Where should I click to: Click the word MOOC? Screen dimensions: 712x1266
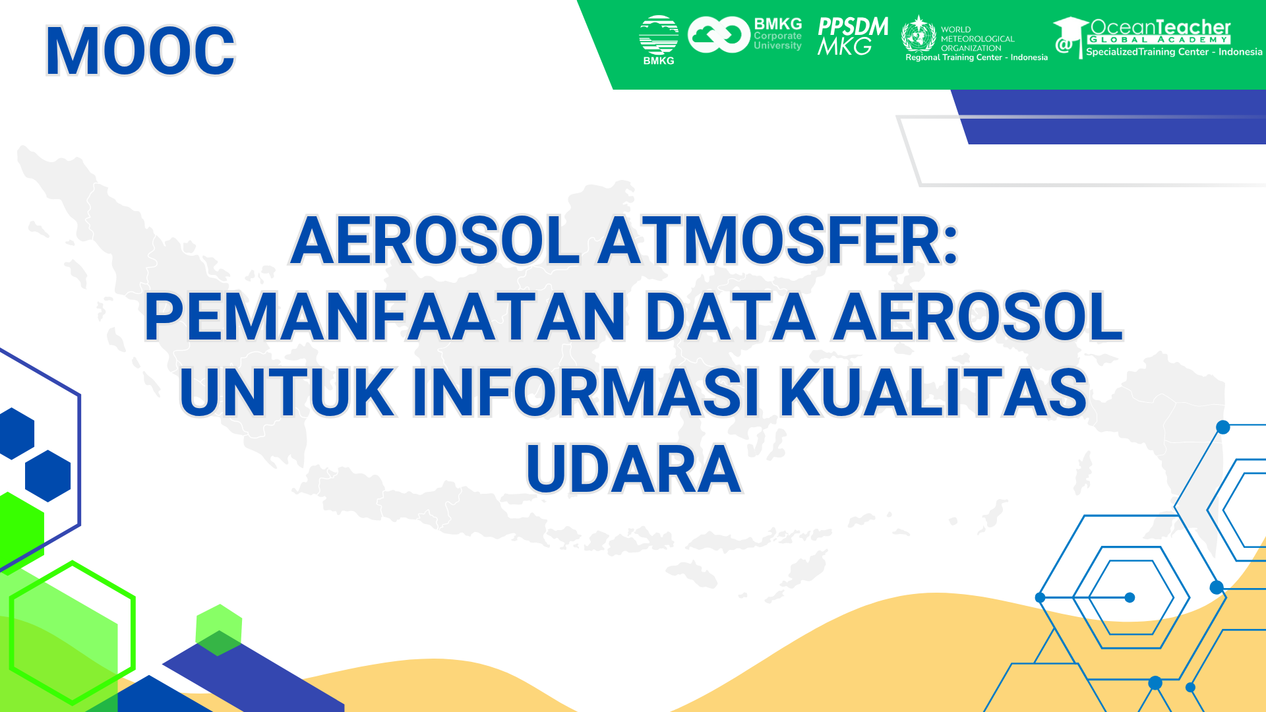140,51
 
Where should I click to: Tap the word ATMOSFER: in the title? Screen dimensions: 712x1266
777,241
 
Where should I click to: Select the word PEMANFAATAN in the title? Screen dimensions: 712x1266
384,318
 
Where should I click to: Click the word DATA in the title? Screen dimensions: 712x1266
731,318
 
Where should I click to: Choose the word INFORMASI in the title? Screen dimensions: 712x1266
586,394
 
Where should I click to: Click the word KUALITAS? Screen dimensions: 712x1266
933,394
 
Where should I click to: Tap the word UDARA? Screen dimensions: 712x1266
634,469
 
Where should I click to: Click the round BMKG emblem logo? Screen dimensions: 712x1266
658,36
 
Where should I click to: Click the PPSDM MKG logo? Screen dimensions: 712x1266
853,36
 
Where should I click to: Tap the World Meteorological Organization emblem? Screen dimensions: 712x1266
919,34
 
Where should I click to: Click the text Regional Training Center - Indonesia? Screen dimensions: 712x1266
976,58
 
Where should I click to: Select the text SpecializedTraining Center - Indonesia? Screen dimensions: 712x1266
1174,52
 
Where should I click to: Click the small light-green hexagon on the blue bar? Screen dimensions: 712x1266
219,628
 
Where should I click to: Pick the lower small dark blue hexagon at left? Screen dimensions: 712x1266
47,475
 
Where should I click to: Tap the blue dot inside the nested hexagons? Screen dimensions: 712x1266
1130,597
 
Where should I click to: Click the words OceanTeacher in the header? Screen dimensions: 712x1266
1160,27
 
